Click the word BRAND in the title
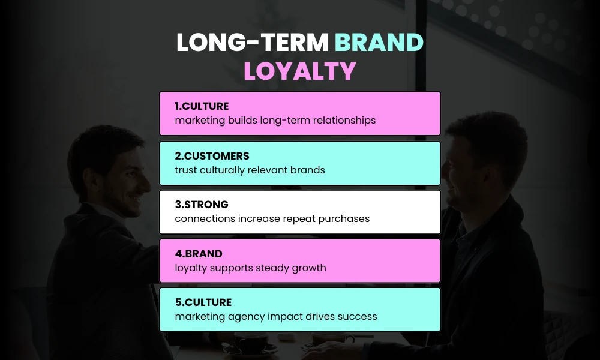pos(379,44)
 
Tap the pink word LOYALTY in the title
pos(300,71)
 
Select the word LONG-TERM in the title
pos(252,44)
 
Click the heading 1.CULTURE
pos(202,106)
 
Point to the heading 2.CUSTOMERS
pos(212,156)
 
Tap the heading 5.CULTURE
pos(203,302)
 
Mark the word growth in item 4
pos(308,268)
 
